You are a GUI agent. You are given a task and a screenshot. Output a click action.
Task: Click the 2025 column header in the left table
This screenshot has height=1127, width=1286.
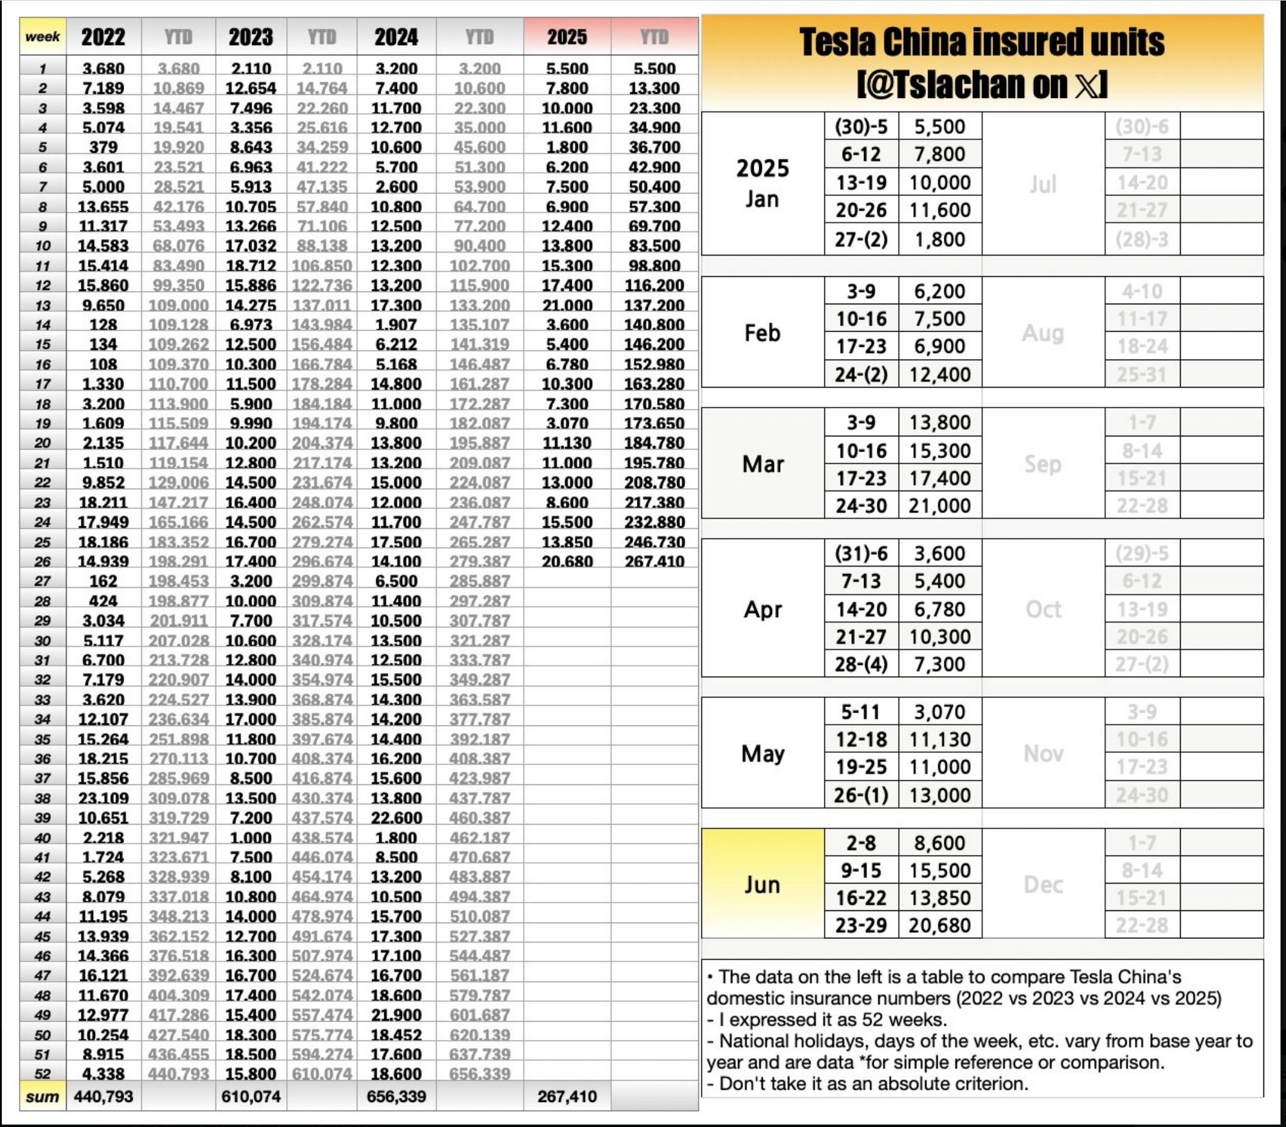point(566,37)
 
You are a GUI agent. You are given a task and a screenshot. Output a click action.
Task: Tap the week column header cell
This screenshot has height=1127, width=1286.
point(42,37)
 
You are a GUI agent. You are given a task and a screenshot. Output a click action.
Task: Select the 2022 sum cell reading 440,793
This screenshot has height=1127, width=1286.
point(103,1096)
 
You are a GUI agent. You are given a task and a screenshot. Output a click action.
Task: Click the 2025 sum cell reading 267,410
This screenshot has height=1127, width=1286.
point(566,1096)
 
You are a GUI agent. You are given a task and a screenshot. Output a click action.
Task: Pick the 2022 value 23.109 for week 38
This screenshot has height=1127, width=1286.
point(103,797)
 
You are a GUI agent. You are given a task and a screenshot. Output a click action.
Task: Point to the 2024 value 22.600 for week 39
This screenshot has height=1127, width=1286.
point(396,818)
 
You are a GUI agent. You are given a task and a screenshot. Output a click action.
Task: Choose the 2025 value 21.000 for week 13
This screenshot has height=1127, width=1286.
point(566,305)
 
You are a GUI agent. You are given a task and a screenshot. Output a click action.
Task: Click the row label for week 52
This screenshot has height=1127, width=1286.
point(42,1073)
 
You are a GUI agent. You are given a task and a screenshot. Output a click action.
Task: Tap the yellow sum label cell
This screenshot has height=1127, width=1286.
point(42,1096)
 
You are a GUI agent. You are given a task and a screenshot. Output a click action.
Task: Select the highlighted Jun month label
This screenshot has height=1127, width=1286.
point(762,884)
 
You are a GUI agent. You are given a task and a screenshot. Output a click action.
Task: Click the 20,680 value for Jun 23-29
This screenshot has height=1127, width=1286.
point(940,925)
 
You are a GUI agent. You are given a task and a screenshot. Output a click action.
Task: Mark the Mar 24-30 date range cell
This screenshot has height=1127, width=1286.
point(861,506)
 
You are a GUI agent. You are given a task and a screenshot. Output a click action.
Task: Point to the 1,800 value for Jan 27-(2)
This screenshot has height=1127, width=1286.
point(940,240)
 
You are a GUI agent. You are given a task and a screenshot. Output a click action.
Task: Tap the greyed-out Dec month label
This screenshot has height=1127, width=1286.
point(1042,884)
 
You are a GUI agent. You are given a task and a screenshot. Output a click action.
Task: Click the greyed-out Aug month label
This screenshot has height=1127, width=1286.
point(1042,333)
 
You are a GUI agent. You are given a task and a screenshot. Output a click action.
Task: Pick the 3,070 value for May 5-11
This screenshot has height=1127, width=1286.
point(940,712)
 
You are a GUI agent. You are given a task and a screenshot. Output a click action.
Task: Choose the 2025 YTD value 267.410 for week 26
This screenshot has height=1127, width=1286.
point(654,561)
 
